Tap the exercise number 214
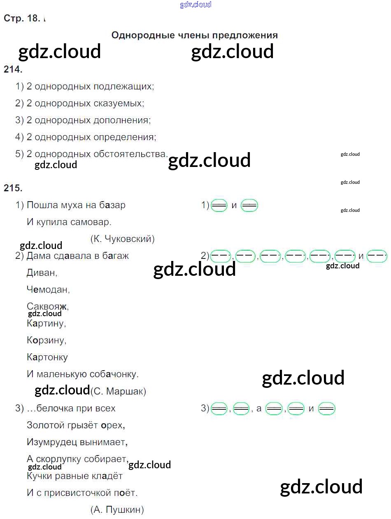point(13,70)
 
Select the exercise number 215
point(13,188)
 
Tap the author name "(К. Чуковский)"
point(122,239)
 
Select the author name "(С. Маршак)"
point(118,391)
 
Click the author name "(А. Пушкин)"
point(117,510)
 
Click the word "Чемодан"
point(48,290)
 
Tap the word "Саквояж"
point(47,307)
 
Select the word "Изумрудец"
point(52,442)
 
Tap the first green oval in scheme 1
point(219,205)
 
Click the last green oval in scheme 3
point(327,409)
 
